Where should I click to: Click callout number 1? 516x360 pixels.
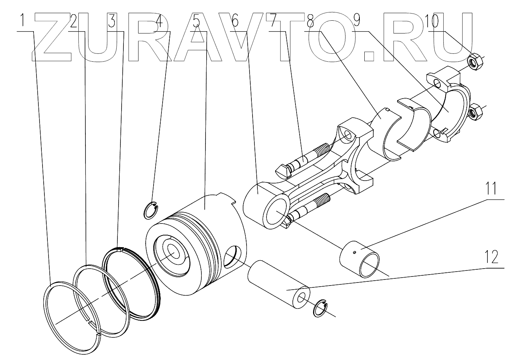(x=23, y=22)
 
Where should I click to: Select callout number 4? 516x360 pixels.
(x=159, y=22)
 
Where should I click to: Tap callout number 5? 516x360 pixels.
(x=196, y=22)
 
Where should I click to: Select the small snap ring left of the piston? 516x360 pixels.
(x=151, y=210)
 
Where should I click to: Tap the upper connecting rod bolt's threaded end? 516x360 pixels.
(x=322, y=150)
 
